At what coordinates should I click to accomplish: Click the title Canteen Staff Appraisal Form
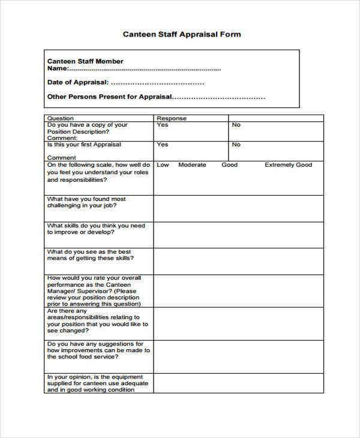(x=182, y=34)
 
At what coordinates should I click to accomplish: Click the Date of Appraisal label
(x=78, y=82)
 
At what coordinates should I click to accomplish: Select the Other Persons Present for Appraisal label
(x=109, y=97)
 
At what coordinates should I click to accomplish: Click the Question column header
(x=61, y=118)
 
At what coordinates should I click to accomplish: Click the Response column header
(x=172, y=118)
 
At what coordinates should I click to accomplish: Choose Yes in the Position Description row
(x=163, y=125)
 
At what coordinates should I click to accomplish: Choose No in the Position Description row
(x=236, y=125)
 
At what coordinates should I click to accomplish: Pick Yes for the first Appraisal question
(x=163, y=145)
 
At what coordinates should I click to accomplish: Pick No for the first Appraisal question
(x=236, y=145)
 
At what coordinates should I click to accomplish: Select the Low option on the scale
(x=163, y=164)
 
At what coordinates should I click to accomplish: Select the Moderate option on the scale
(x=192, y=164)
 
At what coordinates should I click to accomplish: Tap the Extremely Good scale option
(x=289, y=164)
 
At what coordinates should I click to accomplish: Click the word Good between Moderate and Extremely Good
(x=229, y=164)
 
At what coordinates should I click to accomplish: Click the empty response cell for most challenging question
(x=238, y=208)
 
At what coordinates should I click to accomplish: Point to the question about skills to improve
(x=96, y=229)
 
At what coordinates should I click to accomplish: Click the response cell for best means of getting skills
(x=238, y=261)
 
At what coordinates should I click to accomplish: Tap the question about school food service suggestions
(x=98, y=350)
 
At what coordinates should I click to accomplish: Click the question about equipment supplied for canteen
(x=96, y=383)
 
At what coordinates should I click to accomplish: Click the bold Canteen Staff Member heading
(x=85, y=61)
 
